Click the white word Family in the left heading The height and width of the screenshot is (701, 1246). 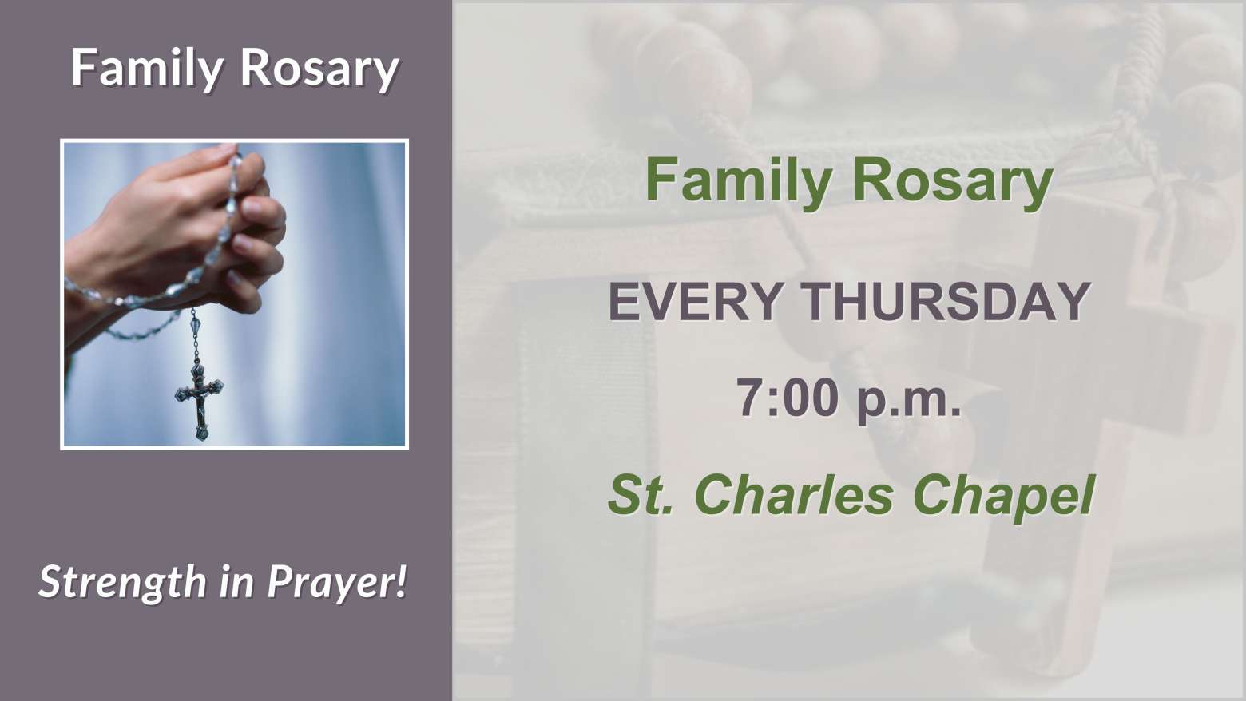(147, 69)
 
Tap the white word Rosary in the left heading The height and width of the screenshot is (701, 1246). (319, 69)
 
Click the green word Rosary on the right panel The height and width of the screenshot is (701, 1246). (952, 182)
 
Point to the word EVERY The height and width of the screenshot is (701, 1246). (696, 301)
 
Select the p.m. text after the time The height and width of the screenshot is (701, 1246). (909, 400)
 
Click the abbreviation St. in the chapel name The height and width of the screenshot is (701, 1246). (641, 494)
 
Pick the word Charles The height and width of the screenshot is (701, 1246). (794, 494)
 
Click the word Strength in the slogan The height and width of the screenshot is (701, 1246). (122, 583)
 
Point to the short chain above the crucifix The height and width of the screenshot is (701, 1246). (195, 336)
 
